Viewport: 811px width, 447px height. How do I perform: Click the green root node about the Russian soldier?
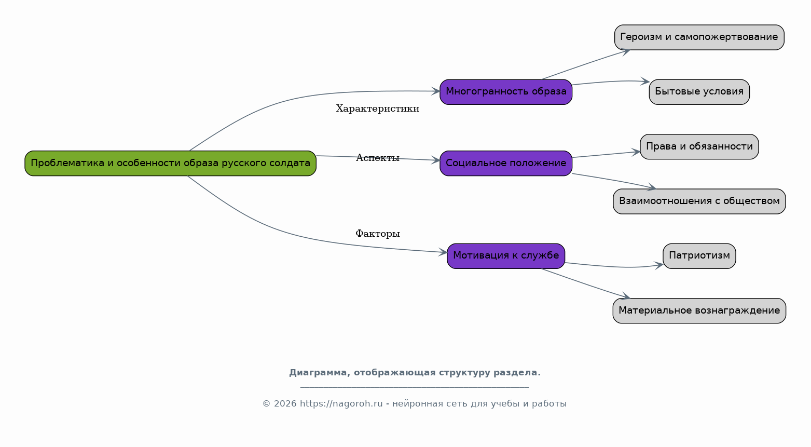pyautogui.click(x=170, y=164)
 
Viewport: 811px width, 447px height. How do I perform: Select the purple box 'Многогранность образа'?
pyautogui.click(x=506, y=92)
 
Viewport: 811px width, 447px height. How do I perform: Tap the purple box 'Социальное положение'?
pyautogui.click(x=506, y=164)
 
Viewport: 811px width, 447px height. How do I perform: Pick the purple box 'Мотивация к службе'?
pyautogui.click(x=506, y=256)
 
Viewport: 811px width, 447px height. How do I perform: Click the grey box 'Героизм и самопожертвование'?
pyautogui.click(x=699, y=37)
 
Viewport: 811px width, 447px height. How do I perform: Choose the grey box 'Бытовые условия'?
pyautogui.click(x=699, y=92)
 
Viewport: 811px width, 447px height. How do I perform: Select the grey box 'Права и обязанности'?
pyautogui.click(x=699, y=147)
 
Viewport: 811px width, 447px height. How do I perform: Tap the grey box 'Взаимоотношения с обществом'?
pyautogui.click(x=699, y=201)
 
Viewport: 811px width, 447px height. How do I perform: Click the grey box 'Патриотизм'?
pyautogui.click(x=699, y=256)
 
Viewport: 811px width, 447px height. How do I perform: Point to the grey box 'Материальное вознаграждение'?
pyautogui.click(x=699, y=311)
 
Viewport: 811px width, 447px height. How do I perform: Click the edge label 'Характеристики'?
pyautogui.click(x=377, y=109)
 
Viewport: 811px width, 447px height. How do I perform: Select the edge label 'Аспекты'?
pyautogui.click(x=377, y=158)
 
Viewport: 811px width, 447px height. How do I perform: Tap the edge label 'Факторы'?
pyautogui.click(x=377, y=234)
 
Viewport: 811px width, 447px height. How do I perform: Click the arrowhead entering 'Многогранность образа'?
pyautogui.click(x=435, y=91)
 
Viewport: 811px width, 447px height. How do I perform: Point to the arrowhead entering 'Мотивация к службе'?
pyautogui.click(x=443, y=252)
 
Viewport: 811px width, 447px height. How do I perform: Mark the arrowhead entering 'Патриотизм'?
pyautogui.click(x=659, y=265)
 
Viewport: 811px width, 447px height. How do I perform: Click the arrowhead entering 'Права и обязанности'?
pyautogui.click(x=636, y=152)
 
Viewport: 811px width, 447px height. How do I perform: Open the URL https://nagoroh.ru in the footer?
pyautogui.click(x=341, y=403)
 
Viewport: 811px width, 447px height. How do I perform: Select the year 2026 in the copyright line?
pyautogui.click(x=285, y=403)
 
